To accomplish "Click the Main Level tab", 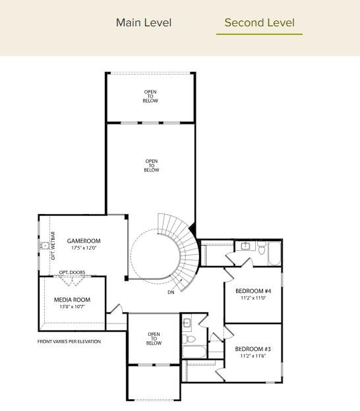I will (143, 22).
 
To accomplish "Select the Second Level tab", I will (259, 22).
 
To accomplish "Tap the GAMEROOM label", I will (84, 241).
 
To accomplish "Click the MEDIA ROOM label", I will (72, 300).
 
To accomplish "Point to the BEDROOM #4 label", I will (253, 291).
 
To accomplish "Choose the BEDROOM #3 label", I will (253, 349).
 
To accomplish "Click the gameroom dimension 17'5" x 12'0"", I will (84, 248).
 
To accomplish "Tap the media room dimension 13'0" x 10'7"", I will (72, 306).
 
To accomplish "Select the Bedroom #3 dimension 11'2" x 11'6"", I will (253, 356).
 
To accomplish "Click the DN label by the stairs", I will (171, 292).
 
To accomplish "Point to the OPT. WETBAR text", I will (53, 246).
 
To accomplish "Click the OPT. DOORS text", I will (72, 273).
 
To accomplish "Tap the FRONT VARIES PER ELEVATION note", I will (69, 341).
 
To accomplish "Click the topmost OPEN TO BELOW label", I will (150, 96).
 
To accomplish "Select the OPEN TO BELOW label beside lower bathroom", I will (154, 339).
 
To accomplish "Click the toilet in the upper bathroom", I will (262, 249).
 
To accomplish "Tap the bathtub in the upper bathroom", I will (274, 253).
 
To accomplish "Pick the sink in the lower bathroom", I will (187, 323).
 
